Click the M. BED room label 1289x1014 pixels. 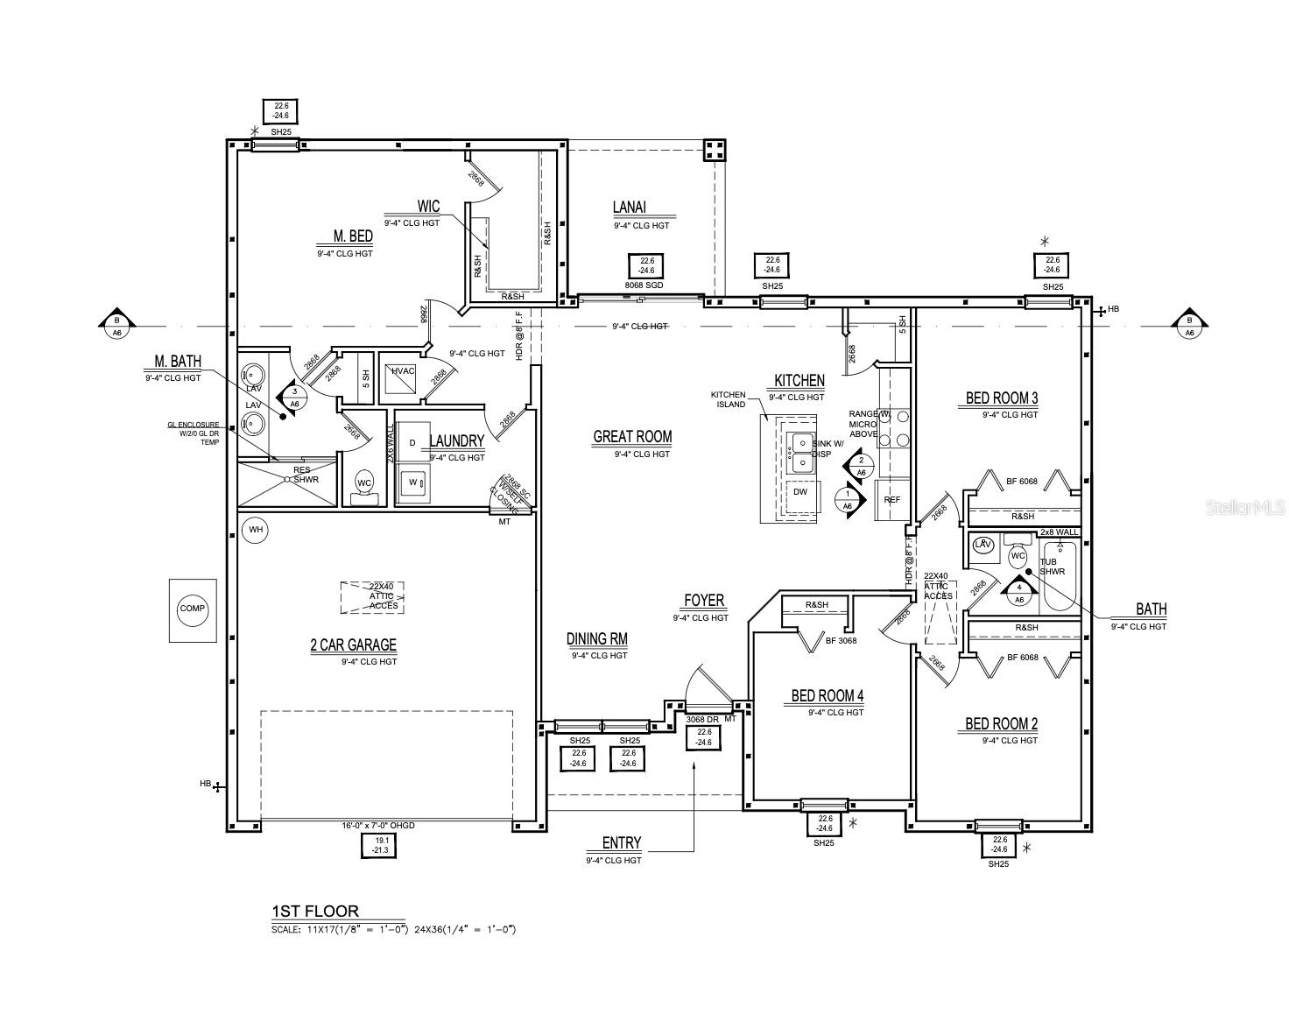pos(353,236)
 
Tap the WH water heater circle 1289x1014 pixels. pos(256,530)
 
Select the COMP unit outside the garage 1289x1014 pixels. pos(193,609)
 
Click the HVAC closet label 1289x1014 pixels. pos(403,371)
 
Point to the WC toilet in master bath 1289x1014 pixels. pos(364,484)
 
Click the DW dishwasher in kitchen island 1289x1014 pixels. pos(800,492)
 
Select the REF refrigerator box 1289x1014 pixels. pos(892,500)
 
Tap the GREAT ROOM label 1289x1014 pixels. pos(632,437)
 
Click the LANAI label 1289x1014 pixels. pos(630,208)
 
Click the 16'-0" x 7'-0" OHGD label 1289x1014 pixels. pos(378,825)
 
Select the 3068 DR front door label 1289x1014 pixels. pos(702,719)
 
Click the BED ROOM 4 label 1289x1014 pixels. pos(828,696)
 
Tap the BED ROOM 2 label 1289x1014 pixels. pos(1001,724)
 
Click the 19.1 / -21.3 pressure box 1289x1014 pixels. pos(380,845)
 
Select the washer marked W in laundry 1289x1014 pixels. pos(412,482)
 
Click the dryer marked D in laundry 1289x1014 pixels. pos(412,443)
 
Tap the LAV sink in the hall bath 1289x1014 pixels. pos(983,545)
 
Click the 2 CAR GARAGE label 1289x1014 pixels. pos(353,645)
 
